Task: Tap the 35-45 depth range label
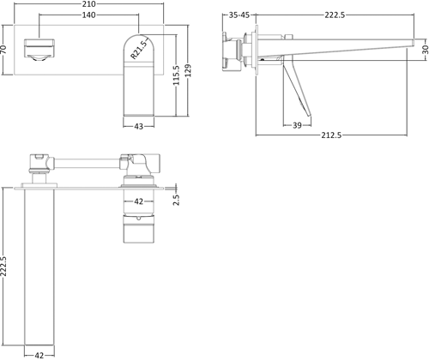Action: (242, 15)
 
